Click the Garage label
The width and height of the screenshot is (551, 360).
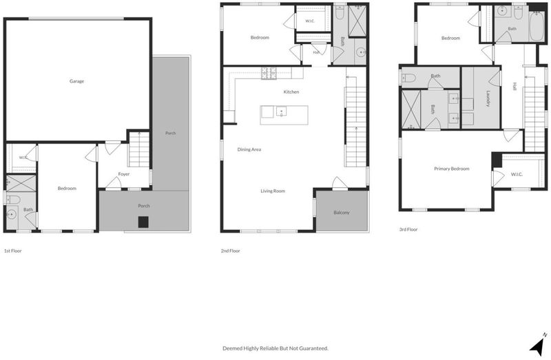(x=76, y=81)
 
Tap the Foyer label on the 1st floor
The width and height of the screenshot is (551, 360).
(x=124, y=174)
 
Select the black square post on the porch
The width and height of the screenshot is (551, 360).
(x=143, y=222)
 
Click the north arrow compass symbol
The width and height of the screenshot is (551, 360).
(x=538, y=345)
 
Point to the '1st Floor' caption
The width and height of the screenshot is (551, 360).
(x=13, y=251)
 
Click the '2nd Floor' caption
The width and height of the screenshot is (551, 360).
(x=231, y=251)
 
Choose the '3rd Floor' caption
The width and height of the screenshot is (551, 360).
(x=408, y=229)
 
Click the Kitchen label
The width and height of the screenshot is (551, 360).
(x=291, y=92)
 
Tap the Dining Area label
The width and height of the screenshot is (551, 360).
(x=249, y=149)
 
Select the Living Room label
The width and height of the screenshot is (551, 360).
(x=273, y=191)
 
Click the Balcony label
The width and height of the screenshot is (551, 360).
(x=342, y=213)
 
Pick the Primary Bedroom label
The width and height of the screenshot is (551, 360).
(x=452, y=169)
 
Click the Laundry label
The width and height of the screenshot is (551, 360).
(x=488, y=99)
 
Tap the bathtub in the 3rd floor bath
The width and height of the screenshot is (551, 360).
(x=537, y=27)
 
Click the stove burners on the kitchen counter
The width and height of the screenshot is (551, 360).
(x=269, y=73)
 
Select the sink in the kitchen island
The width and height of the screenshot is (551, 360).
(x=281, y=112)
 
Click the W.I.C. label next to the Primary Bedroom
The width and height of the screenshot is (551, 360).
(x=517, y=174)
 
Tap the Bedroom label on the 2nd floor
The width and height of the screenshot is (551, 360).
(x=260, y=37)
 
